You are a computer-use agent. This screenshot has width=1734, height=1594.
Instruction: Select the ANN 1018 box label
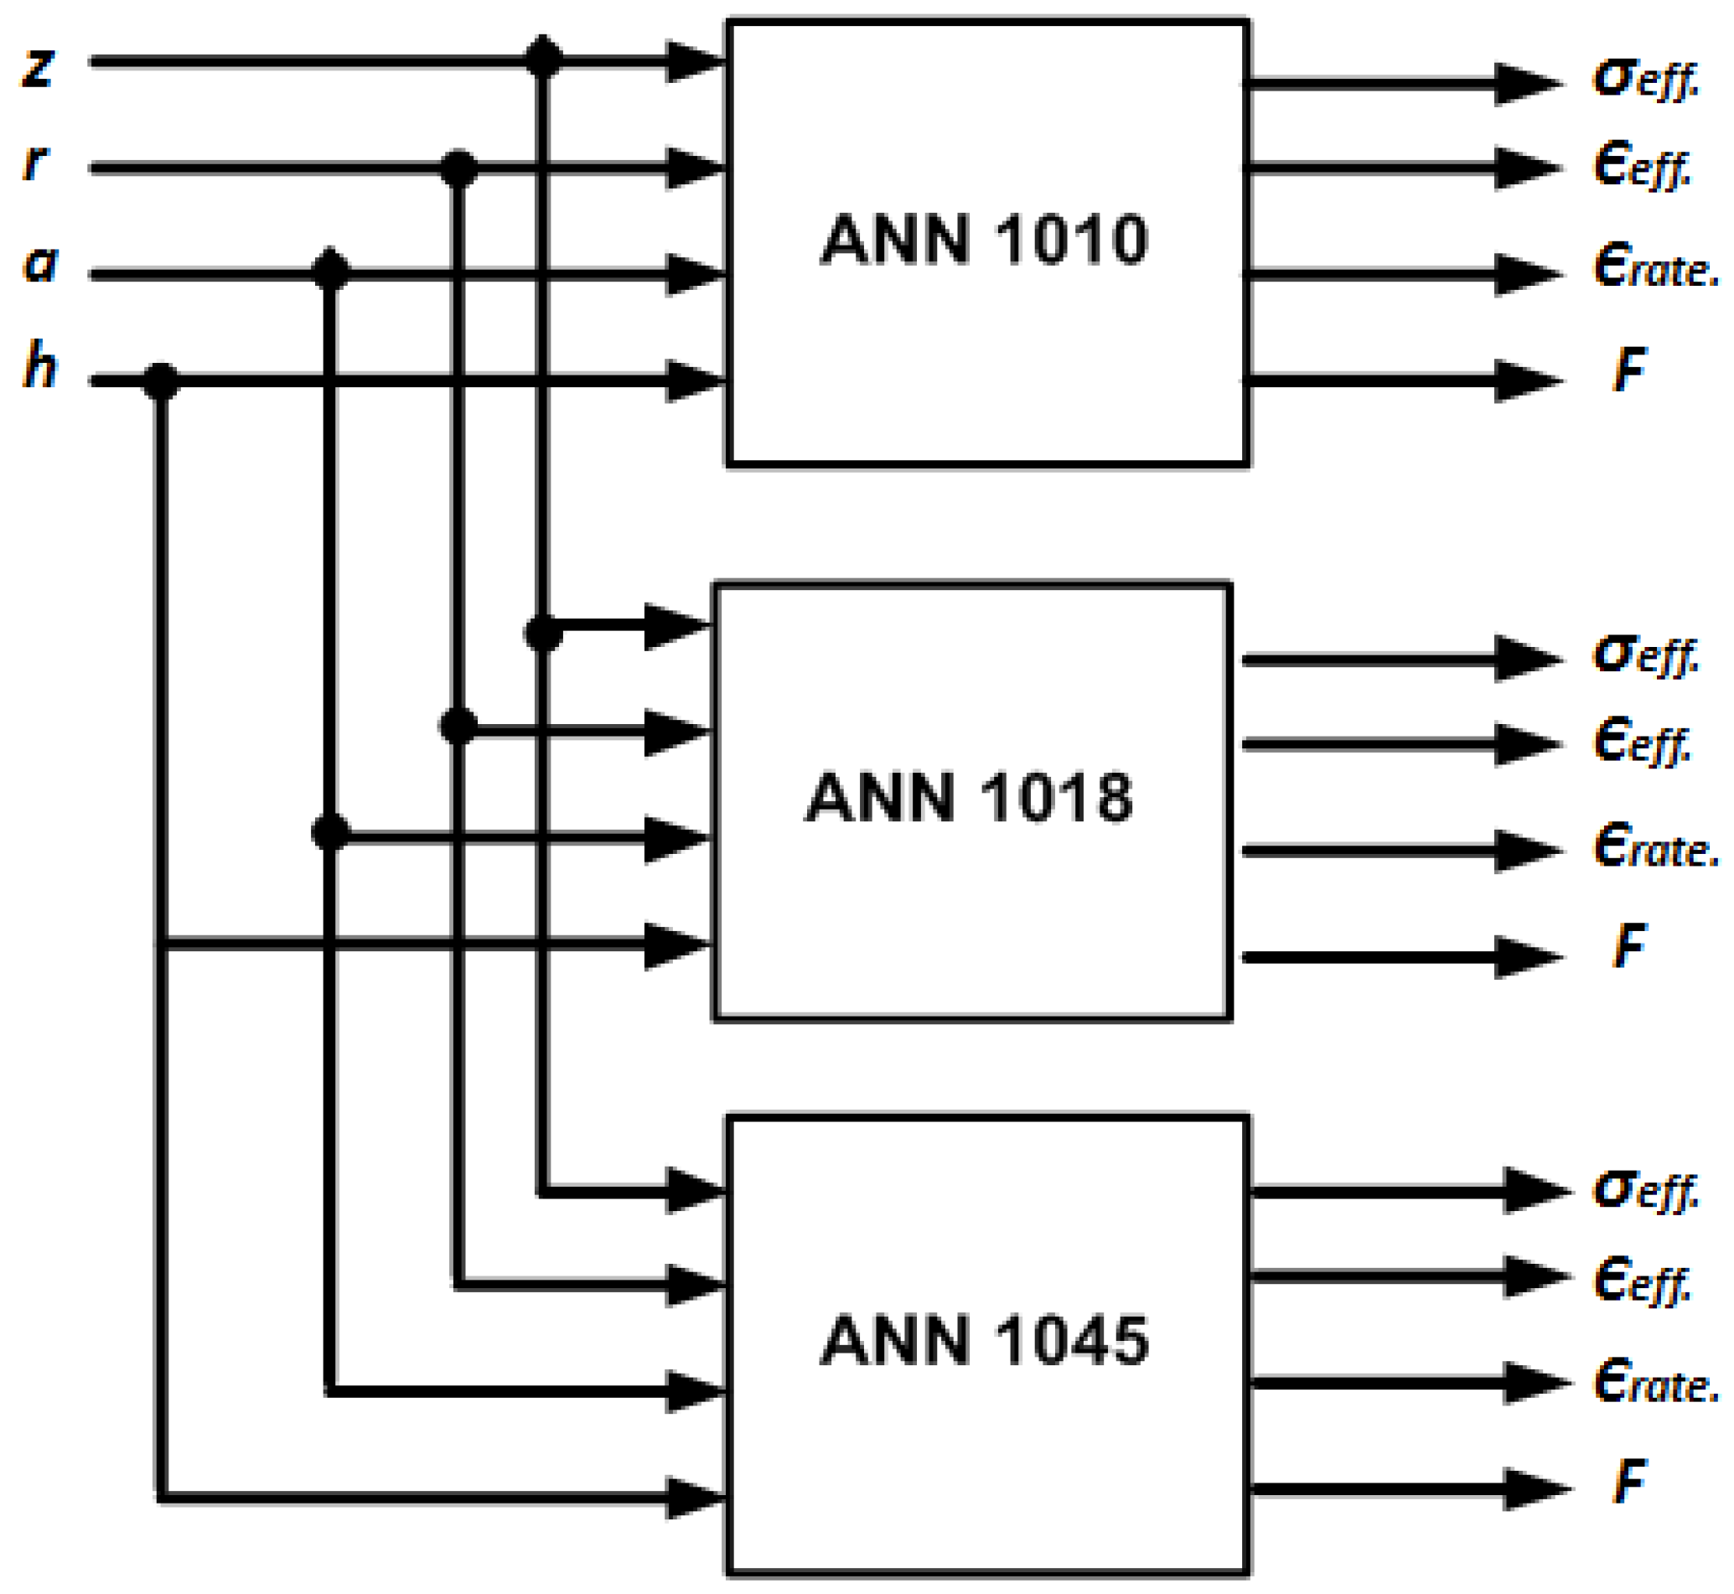969,797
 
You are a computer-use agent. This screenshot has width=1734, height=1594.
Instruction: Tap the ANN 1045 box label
984,1340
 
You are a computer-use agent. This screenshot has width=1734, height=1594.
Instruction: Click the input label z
38,66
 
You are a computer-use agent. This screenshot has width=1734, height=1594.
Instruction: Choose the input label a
39,264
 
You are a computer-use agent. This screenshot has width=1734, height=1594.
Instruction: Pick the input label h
39,365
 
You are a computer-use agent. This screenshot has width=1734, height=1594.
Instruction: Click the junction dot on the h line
161,381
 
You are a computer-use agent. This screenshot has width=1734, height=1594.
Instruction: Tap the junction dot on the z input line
542,59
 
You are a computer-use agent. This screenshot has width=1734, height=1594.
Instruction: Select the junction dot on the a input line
330,271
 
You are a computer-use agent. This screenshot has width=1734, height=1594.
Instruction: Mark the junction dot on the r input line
458,169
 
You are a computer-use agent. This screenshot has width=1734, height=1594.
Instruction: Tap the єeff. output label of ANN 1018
1643,742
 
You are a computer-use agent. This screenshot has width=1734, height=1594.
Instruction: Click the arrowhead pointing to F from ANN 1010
1527,380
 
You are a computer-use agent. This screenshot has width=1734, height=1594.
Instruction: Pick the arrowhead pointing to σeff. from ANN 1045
1536,1191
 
